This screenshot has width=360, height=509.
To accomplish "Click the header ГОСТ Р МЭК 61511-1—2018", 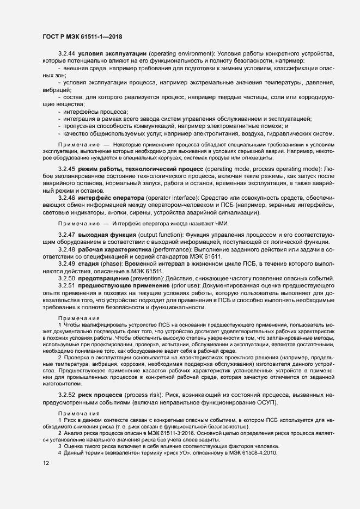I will coord(82,36).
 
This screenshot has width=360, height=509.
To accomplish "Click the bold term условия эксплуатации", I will coord(112,54).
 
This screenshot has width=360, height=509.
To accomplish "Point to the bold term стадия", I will coord(90,263).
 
